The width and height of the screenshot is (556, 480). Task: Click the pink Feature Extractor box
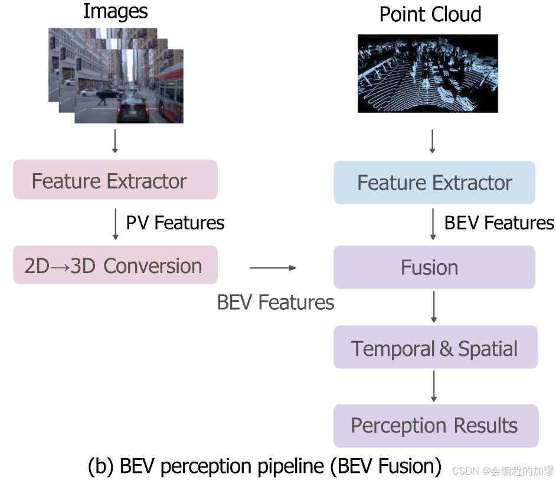point(115,180)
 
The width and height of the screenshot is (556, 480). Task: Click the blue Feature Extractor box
point(434,183)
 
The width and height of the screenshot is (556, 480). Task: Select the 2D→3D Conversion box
point(115,265)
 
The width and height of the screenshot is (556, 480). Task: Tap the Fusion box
point(434,267)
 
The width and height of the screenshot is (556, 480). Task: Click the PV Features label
point(175,223)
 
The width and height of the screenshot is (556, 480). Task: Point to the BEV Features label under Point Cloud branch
point(499,223)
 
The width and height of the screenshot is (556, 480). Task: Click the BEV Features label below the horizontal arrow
point(276,302)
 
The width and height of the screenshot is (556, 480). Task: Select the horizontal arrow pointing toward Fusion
point(273,268)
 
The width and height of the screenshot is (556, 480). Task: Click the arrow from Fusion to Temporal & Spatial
point(434,306)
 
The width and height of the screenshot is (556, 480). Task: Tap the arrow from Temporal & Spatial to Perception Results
point(434,386)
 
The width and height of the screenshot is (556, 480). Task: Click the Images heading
point(115,11)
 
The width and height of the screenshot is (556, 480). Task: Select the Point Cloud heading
point(430,14)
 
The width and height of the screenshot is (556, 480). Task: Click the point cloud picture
point(428,73)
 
